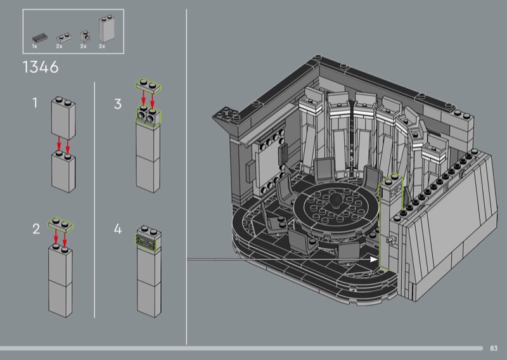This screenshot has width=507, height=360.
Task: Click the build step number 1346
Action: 41,67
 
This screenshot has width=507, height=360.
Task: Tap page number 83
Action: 494,348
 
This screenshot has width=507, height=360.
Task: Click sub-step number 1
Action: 35,103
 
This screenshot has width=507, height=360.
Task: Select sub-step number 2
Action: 36,229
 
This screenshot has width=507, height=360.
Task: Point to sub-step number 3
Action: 118,104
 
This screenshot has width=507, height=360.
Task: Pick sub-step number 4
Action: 118,229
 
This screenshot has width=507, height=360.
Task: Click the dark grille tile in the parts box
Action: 40,37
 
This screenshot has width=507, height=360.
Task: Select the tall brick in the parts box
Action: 106,29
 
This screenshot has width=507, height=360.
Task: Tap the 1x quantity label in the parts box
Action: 35,46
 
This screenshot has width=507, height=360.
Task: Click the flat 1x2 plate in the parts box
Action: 64,37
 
